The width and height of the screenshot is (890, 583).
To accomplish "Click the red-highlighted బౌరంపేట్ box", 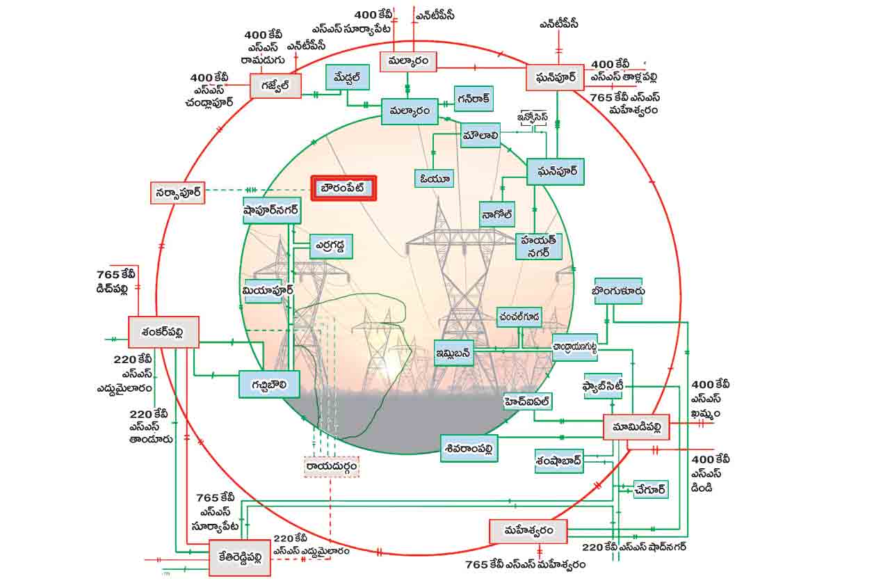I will pyautogui.click(x=343, y=188).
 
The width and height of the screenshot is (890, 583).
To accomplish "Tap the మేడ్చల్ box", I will pyautogui.click(x=346, y=78).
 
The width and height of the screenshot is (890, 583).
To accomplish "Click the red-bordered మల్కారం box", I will pyautogui.click(x=407, y=62).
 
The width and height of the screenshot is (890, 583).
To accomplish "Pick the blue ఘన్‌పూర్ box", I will pyautogui.click(x=555, y=171).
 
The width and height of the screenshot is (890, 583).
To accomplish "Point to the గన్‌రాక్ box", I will pyautogui.click(x=474, y=99).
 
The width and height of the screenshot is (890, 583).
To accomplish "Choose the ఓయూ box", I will pyautogui.click(x=435, y=179).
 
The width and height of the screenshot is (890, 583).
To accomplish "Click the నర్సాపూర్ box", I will pyautogui.click(x=178, y=193).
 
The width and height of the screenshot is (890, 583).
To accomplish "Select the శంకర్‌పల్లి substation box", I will pyautogui.click(x=164, y=332).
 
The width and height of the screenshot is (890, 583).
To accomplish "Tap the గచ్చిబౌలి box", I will pyautogui.click(x=269, y=383).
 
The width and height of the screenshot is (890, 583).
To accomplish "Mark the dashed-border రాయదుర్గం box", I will pyautogui.click(x=332, y=466).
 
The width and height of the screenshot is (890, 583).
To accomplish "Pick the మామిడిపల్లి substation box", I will pyautogui.click(x=636, y=426).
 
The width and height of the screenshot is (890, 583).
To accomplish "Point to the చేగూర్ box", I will pyautogui.click(x=651, y=489).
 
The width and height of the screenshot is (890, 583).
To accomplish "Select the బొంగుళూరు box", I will pyautogui.click(x=618, y=291).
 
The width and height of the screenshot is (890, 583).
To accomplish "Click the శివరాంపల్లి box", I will pyautogui.click(x=469, y=449).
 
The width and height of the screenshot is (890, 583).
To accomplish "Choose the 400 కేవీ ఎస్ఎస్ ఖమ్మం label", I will pyautogui.click(x=711, y=399).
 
